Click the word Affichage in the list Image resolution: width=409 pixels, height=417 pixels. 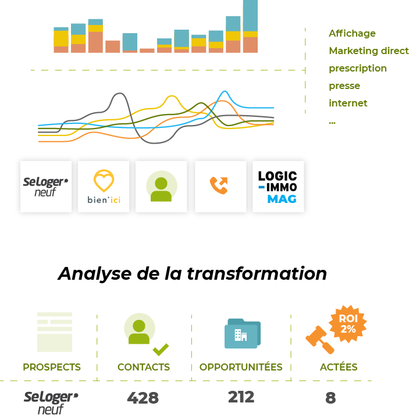point(352,34)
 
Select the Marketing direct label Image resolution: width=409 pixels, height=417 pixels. point(368,51)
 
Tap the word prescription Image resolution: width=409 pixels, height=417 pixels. point(357,69)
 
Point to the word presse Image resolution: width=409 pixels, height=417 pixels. point(344,86)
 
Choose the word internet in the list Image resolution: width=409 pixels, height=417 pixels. point(348,104)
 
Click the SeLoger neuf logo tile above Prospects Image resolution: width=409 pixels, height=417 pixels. point(46,187)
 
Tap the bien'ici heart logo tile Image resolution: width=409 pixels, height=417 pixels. point(104,187)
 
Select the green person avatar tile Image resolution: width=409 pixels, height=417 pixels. point(161,187)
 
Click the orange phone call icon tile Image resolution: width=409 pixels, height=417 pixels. point(220,187)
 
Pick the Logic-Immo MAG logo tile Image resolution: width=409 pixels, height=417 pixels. point(278,187)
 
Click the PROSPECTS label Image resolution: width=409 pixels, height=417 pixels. point(52,368)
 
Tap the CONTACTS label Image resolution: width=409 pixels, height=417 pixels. point(144,368)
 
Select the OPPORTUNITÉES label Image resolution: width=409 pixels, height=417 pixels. point(241,368)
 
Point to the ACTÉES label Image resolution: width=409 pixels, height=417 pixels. point(339,368)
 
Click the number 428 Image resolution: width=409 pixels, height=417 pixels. point(143,398)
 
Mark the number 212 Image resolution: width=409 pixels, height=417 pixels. point(241,397)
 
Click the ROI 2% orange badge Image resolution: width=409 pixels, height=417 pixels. point(348,324)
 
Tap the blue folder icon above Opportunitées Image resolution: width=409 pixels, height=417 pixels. point(242,334)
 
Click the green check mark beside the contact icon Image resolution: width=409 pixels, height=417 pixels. point(161,350)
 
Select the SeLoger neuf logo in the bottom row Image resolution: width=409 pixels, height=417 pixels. point(51,402)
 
